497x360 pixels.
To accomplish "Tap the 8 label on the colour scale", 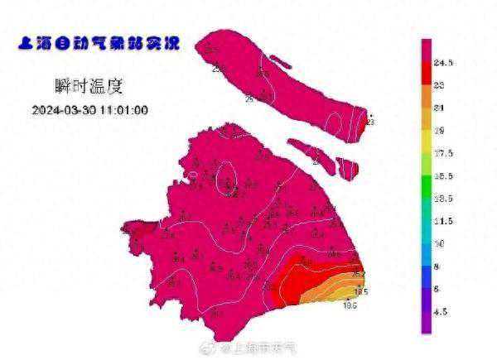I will [x=440, y=267].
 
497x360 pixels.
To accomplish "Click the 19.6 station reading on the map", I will [x=350, y=306].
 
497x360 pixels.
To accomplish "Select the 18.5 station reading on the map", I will [x=361, y=291].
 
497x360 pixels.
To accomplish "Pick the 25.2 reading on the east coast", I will [x=359, y=274].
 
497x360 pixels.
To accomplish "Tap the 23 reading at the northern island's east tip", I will [x=369, y=122].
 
